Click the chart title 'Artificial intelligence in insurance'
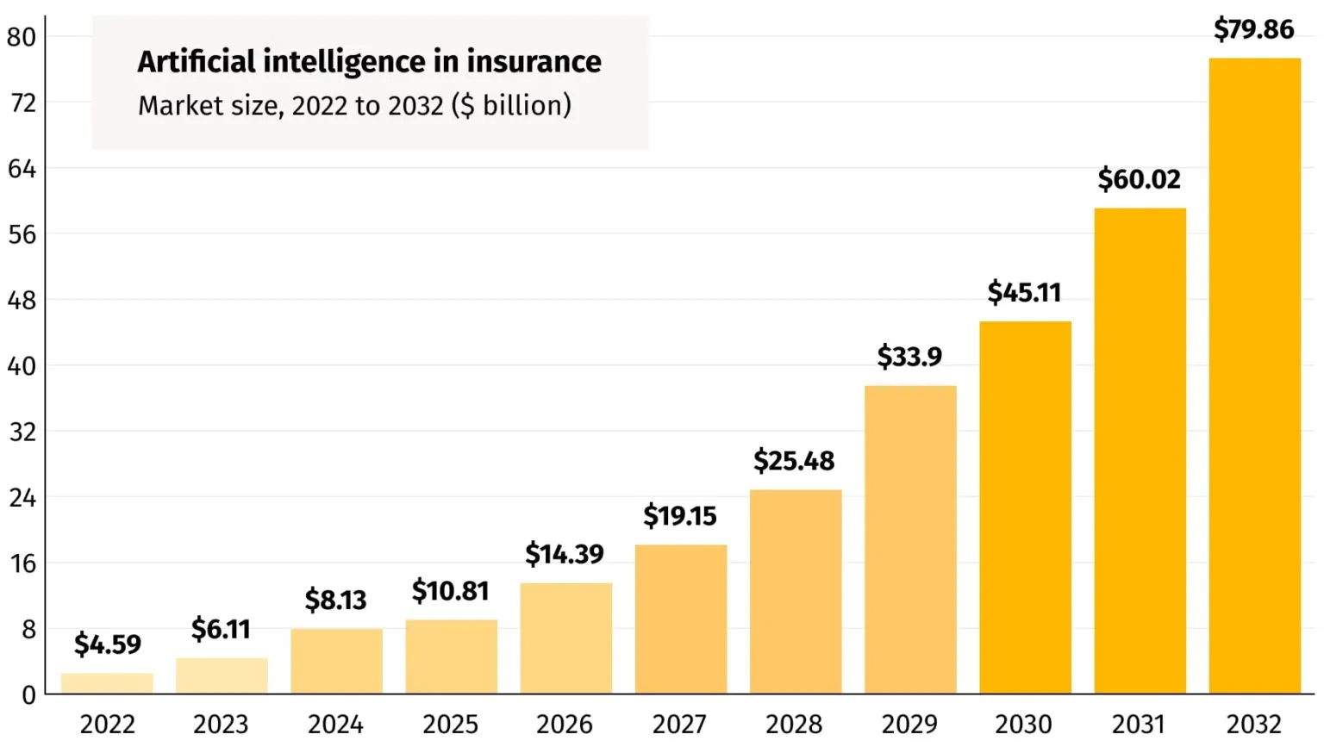(369, 62)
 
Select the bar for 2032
(1254, 376)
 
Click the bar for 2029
(910, 539)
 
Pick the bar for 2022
(107, 683)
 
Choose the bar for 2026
(565, 638)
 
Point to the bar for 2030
(1025, 507)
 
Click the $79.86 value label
(1253, 29)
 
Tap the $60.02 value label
(1139, 179)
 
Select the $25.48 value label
(794, 461)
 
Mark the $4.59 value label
(107, 644)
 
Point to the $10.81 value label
(450, 591)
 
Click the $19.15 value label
(679, 516)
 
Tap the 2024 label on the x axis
(335, 724)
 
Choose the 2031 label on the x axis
(1139, 724)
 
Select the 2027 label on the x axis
(679, 724)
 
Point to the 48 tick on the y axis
(22, 301)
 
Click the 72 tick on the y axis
(22, 103)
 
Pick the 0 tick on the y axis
(28, 695)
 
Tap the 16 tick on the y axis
(22, 563)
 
